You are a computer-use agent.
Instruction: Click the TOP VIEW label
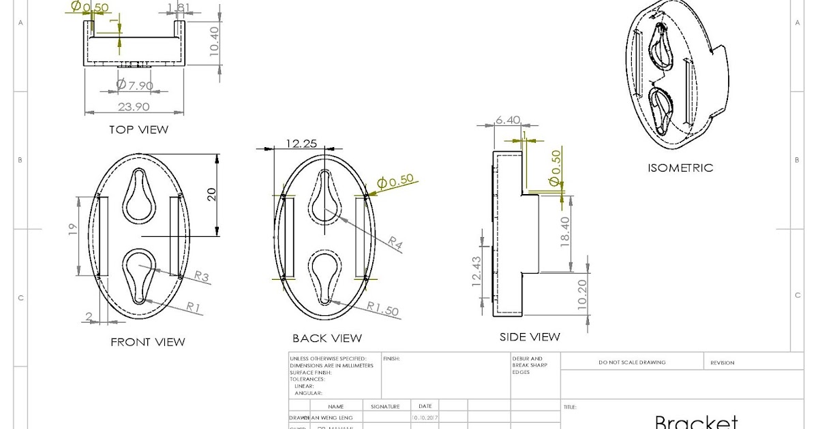click(x=138, y=129)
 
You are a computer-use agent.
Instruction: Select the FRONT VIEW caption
click(x=148, y=342)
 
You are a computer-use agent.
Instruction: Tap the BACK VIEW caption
click(x=327, y=338)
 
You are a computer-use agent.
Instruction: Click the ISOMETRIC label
click(x=680, y=168)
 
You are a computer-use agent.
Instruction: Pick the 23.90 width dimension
click(x=134, y=106)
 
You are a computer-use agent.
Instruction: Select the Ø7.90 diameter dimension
click(x=134, y=84)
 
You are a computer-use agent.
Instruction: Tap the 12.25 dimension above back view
click(x=302, y=143)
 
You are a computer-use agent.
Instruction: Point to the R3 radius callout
click(x=202, y=276)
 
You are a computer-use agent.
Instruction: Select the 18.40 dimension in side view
click(x=565, y=232)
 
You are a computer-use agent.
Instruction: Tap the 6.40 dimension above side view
click(x=508, y=120)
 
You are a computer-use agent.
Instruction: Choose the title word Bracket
click(x=696, y=422)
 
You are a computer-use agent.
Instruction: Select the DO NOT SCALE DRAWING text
click(x=632, y=362)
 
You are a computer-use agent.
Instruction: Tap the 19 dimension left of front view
click(x=73, y=229)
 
